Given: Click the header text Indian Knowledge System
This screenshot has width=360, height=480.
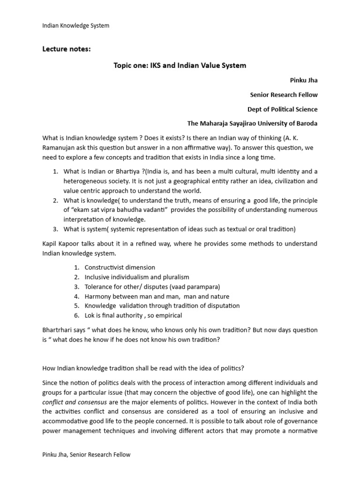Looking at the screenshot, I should [x=75, y=25].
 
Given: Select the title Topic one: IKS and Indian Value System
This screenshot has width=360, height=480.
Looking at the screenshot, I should [x=180, y=65].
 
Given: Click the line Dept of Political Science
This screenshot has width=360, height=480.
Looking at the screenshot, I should [x=282, y=109].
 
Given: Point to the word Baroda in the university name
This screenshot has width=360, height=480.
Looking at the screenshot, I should [x=306, y=124].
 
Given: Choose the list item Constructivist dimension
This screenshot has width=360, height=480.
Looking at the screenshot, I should [x=120, y=267].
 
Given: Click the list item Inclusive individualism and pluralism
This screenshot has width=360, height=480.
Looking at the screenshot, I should [x=137, y=277].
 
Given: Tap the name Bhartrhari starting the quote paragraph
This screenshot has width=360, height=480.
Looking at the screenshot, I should [x=58, y=330].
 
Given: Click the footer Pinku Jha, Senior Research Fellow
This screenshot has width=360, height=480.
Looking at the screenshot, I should [x=86, y=454].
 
